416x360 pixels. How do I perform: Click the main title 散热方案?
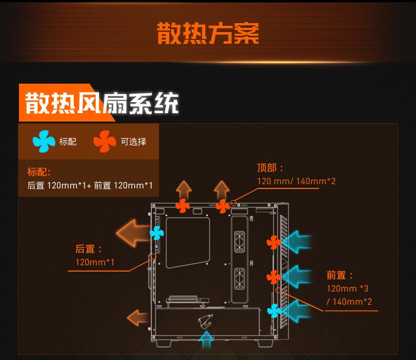coord(207,34)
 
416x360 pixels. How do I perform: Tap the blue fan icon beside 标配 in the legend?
coord(43,141)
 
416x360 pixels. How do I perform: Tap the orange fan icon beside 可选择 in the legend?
coord(104,141)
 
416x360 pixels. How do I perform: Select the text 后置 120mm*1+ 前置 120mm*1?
coord(90,185)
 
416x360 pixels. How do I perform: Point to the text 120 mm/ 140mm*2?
coord(296,181)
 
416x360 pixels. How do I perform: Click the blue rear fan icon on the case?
coord(157,232)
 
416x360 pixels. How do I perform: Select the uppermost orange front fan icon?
coord(273,242)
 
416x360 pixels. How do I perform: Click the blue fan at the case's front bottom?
coord(274,311)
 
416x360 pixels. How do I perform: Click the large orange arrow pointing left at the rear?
coord(133,232)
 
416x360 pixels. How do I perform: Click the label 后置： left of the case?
coord(89,249)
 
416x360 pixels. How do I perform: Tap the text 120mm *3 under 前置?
coord(348,288)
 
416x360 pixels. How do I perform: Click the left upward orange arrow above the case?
coord(184,189)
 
